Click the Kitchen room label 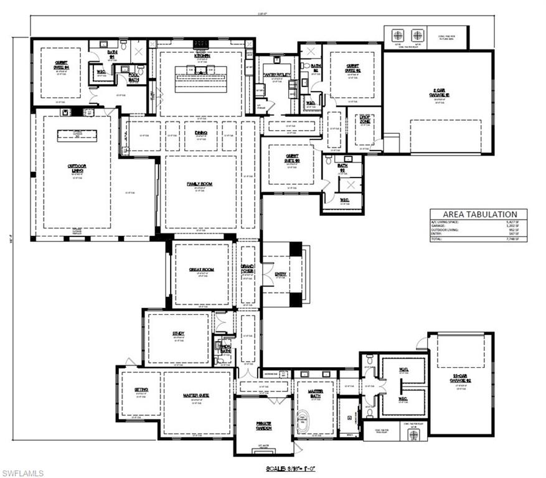tap(203, 55)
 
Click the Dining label tap(200, 133)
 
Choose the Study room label tap(179, 334)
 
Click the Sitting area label tap(141, 390)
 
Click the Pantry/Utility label tap(276, 75)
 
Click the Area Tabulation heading tap(478, 214)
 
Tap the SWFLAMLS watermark tap(23, 472)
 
